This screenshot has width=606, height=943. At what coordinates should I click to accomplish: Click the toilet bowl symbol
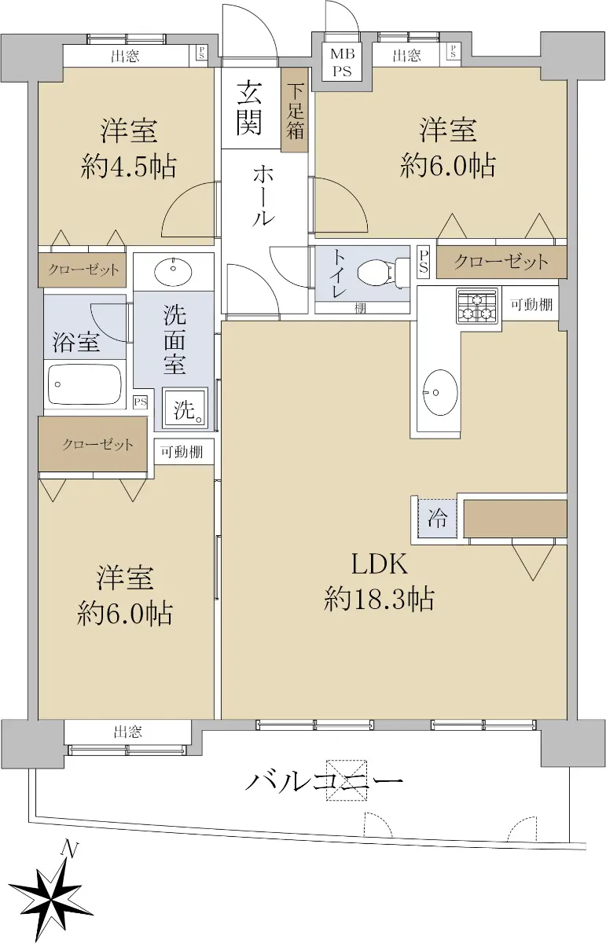click(382, 272)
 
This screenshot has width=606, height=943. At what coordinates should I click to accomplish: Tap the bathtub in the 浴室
click(85, 384)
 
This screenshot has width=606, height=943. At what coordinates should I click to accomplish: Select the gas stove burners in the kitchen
click(477, 306)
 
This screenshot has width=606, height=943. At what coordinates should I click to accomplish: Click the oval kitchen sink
click(440, 392)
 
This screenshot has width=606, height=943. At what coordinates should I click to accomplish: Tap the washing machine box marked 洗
click(185, 409)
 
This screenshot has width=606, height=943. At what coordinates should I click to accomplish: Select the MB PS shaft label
click(342, 62)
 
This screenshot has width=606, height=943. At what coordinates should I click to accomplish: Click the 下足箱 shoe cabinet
click(295, 111)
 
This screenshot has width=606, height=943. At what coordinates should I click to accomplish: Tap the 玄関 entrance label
click(250, 108)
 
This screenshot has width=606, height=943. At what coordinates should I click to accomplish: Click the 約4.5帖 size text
click(128, 167)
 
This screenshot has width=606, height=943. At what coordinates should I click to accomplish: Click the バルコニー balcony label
click(325, 782)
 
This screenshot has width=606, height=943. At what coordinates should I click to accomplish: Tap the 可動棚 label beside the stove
click(531, 304)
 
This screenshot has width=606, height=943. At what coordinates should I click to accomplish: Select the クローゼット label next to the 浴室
click(83, 270)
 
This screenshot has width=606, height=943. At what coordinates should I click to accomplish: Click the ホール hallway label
click(263, 196)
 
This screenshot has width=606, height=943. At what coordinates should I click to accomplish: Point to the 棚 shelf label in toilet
click(360, 309)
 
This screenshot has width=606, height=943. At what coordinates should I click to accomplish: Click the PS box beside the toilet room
click(423, 262)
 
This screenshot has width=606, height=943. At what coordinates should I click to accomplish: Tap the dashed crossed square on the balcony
click(346, 780)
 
